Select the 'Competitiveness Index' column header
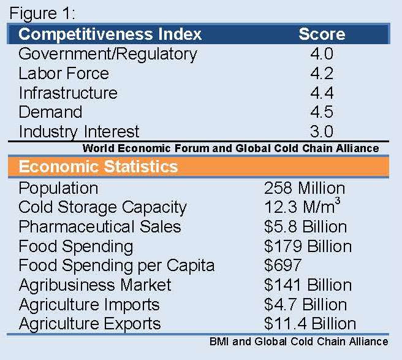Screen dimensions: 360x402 point(110,34)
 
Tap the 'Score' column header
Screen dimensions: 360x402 point(322,34)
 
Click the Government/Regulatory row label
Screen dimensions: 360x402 point(108,54)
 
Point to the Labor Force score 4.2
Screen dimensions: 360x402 point(322,74)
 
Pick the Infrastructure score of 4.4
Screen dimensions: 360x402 point(322,93)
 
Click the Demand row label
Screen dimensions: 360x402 point(50,112)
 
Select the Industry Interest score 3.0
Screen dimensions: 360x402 point(322,132)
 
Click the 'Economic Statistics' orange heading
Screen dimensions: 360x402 point(99,167)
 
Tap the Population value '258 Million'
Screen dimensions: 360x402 point(305,188)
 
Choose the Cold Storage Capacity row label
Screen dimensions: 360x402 point(102,207)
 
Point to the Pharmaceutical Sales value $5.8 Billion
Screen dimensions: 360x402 point(305,227)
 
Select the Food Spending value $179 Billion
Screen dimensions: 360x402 point(308,247)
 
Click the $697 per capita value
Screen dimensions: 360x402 point(283,266)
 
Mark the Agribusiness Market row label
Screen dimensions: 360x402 point(95,285)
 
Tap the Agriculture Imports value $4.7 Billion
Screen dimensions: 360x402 point(305,305)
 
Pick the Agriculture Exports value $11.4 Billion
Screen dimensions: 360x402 point(309,324)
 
